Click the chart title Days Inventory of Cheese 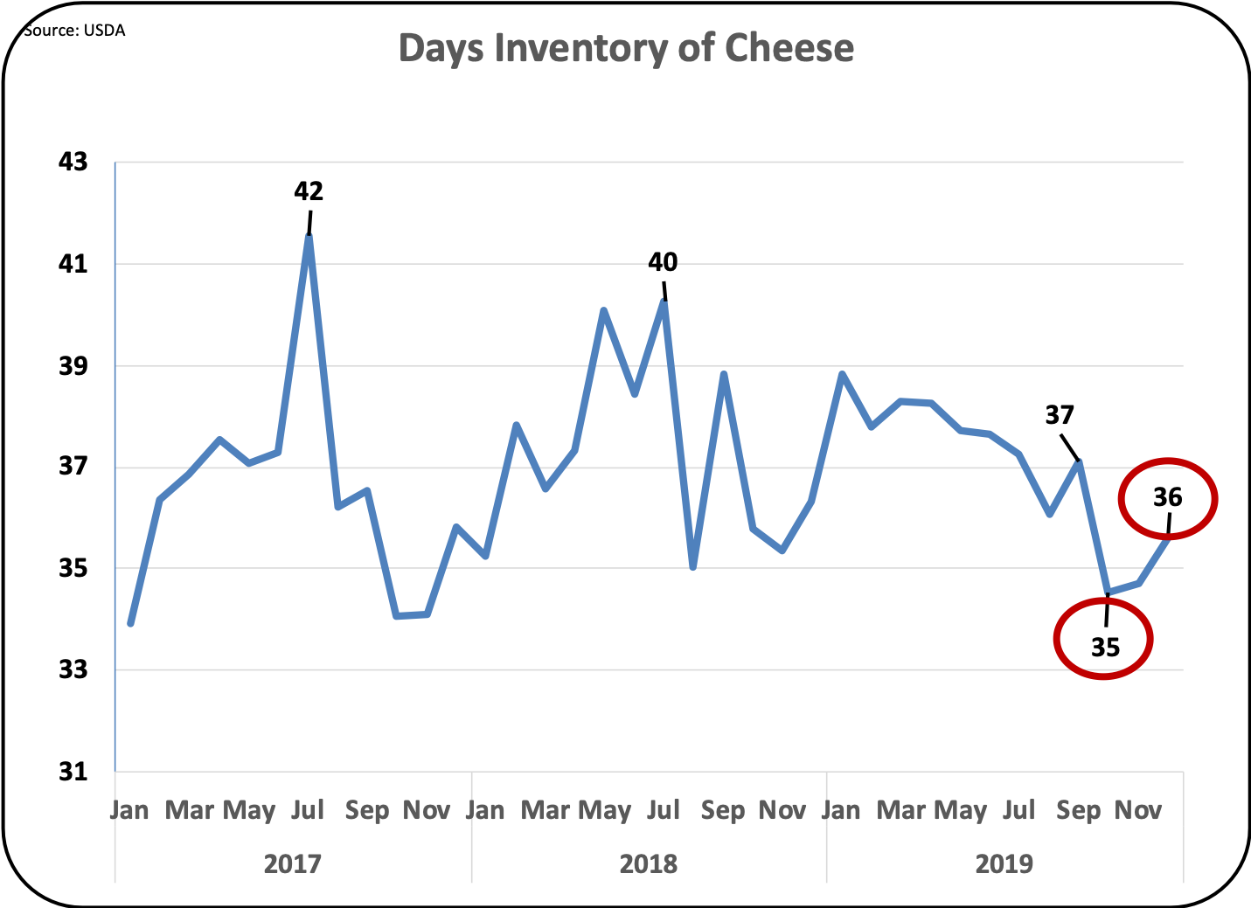click(626, 48)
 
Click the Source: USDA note click(75, 31)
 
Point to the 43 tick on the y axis click(73, 162)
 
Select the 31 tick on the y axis click(73, 772)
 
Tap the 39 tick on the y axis click(73, 365)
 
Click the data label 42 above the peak click(309, 191)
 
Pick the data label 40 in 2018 click(663, 262)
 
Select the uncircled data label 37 click(1060, 415)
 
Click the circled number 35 click(1105, 647)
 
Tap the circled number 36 click(1168, 497)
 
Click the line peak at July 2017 click(309, 235)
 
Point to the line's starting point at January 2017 click(130, 624)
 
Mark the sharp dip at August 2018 click(693, 567)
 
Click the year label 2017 click(293, 864)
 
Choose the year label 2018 click(649, 864)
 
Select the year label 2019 click(1004, 864)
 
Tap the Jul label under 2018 click(663, 810)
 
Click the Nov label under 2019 click(1137, 810)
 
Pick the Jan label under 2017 click(129, 810)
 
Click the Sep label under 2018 click(723, 810)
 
